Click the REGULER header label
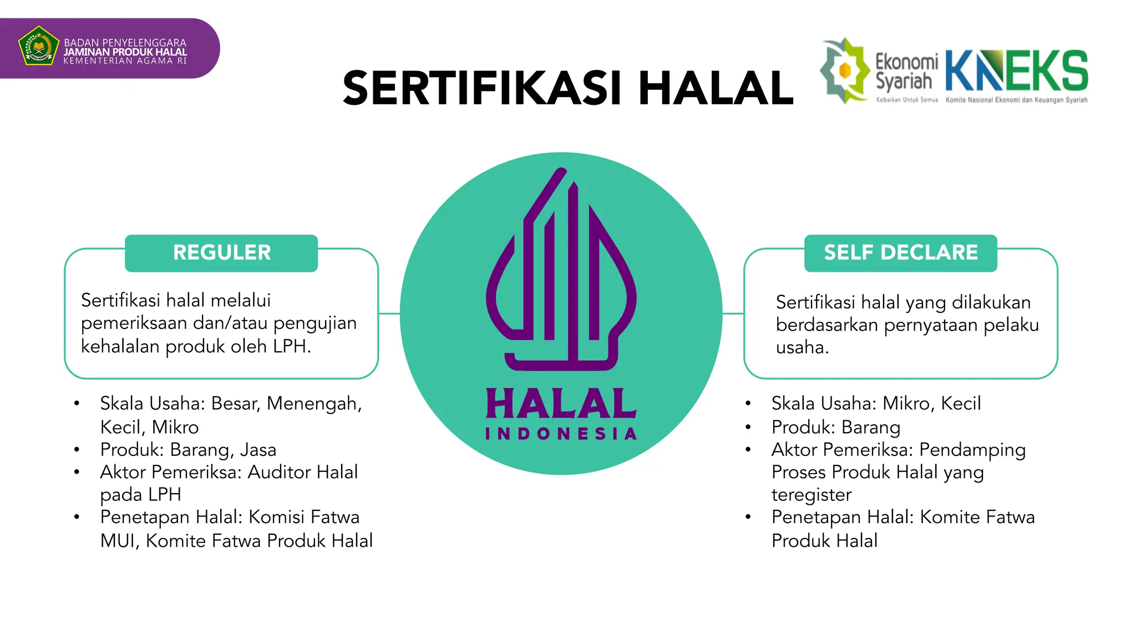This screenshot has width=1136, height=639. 222,253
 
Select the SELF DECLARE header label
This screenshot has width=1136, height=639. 900,253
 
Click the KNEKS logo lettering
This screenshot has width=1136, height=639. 1016,71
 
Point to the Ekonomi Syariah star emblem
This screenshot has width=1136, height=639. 845,70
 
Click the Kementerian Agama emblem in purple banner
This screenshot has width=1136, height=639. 38,46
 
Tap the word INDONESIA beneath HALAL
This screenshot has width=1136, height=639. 561,434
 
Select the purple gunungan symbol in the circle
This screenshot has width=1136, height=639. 561,272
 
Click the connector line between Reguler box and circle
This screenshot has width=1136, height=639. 389,313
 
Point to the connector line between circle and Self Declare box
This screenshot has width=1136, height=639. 733,313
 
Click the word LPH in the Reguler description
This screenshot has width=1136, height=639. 290,347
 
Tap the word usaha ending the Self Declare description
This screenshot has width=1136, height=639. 801,348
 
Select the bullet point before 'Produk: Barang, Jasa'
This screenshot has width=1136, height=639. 77,450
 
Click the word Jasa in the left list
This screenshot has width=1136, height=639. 258,450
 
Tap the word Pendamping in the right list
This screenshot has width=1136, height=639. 972,450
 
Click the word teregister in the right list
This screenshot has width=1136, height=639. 811,495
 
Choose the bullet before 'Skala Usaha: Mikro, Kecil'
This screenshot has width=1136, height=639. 748,404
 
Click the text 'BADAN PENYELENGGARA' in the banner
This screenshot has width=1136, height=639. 125,43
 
